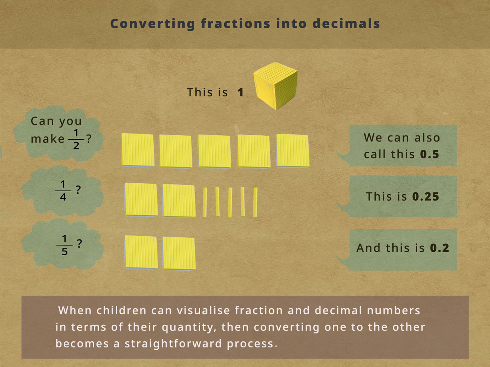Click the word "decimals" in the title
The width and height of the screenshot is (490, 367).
pyautogui.click(x=346, y=24)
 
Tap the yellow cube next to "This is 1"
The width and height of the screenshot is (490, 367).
pyautogui.click(x=276, y=86)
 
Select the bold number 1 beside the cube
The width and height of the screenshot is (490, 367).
pyautogui.click(x=240, y=92)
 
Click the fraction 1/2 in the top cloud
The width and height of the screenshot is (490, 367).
pyautogui.click(x=76, y=139)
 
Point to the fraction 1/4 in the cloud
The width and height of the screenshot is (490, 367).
pyautogui.click(x=63, y=190)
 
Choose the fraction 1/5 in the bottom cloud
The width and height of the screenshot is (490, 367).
pyautogui.click(x=64, y=245)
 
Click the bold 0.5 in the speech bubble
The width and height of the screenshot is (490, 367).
pyautogui.click(x=429, y=154)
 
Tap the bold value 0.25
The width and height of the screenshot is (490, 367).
pyautogui.click(x=426, y=196)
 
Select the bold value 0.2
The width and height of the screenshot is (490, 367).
pyautogui.click(x=439, y=248)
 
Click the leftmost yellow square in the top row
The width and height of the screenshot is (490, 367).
pyautogui.click(x=138, y=150)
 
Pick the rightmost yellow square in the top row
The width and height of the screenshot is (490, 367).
pyautogui.click(x=292, y=151)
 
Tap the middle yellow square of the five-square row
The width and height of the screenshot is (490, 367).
pyautogui.click(x=214, y=151)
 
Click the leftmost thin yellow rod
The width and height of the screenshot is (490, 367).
pyautogui.click(x=205, y=202)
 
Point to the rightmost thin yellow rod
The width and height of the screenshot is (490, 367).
pyautogui.click(x=255, y=202)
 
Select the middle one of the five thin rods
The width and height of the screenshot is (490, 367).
pyautogui.click(x=230, y=202)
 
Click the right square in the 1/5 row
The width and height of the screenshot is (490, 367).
pyautogui.click(x=179, y=253)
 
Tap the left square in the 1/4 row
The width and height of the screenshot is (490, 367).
pyautogui.click(x=141, y=199)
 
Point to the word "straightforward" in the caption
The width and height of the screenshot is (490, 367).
pyautogui.click(x=173, y=343)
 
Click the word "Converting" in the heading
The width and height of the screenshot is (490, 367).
pyautogui.click(x=153, y=24)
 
